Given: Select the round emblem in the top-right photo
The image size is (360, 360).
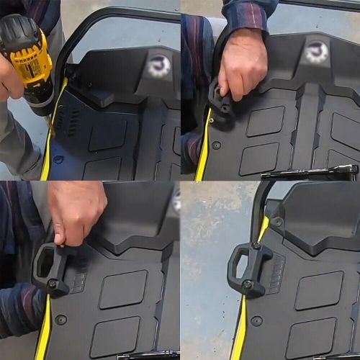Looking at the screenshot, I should tap(315, 52).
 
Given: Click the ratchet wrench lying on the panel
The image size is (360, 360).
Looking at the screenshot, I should tap(310, 171).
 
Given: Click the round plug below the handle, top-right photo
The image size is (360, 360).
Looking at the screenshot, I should tap(217, 145).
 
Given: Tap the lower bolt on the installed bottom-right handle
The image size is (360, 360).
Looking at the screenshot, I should tap(248, 284).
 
